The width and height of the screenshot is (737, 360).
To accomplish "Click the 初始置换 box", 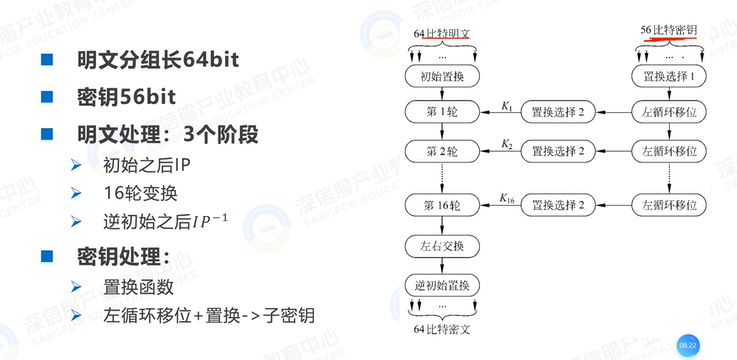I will [x=440, y=76].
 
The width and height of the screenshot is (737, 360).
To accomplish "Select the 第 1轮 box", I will [x=440, y=113].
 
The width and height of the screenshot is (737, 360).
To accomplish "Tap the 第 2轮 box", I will [x=440, y=152].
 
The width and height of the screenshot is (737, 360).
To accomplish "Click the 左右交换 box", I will [x=440, y=246].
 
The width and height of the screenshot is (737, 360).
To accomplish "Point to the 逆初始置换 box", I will [x=440, y=284].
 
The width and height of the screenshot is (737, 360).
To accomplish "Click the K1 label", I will [x=505, y=106].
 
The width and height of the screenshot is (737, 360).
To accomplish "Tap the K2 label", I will [x=505, y=146].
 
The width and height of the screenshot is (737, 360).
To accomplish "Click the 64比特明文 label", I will [x=440, y=34].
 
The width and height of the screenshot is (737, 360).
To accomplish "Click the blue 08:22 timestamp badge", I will [x=688, y=342].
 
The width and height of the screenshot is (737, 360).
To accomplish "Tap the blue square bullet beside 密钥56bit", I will [x=46, y=97].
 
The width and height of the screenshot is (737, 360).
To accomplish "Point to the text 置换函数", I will [x=140, y=289].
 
